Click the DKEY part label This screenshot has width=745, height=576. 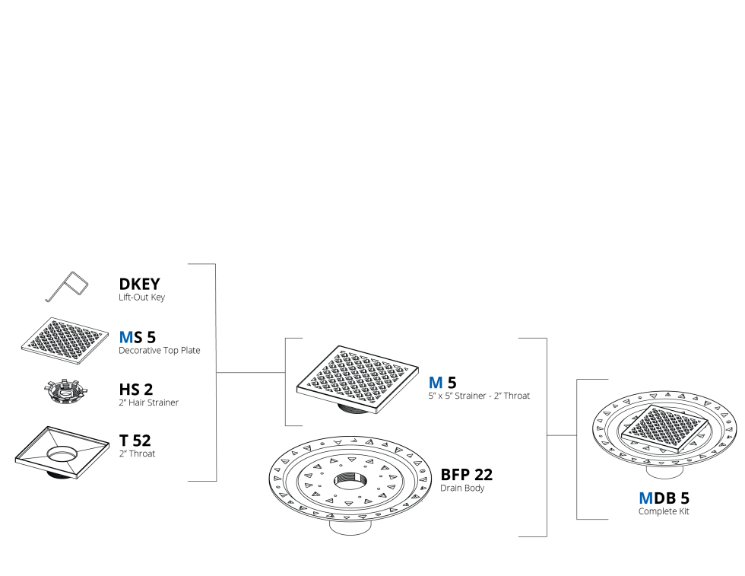click(x=139, y=284)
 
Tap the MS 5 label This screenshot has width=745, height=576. click(x=138, y=337)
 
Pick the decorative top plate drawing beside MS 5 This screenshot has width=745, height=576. click(x=65, y=341)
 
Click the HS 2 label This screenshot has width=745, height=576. click(x=136, y=390)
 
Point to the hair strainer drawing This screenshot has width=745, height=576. click(x=66, y=393)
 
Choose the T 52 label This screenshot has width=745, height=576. click(x=135, y=441)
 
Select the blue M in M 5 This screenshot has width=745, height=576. click(x=436, y=383)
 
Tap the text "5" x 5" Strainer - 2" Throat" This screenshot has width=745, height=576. click(x=479, y=396)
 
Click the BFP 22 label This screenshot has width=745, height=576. click(x=467, y=475)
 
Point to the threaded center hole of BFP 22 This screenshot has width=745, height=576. click(x=350, y=480)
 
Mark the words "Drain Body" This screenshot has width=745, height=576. click(x=462, y=488)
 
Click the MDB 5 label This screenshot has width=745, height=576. click(x=664, y=498)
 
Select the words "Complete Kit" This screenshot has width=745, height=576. click(x=663, y=511)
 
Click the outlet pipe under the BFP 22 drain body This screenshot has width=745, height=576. click(x=350, y=527)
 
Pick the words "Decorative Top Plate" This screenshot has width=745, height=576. click(x=159, y=351)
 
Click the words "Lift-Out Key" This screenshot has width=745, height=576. click(x=141, y=298)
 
